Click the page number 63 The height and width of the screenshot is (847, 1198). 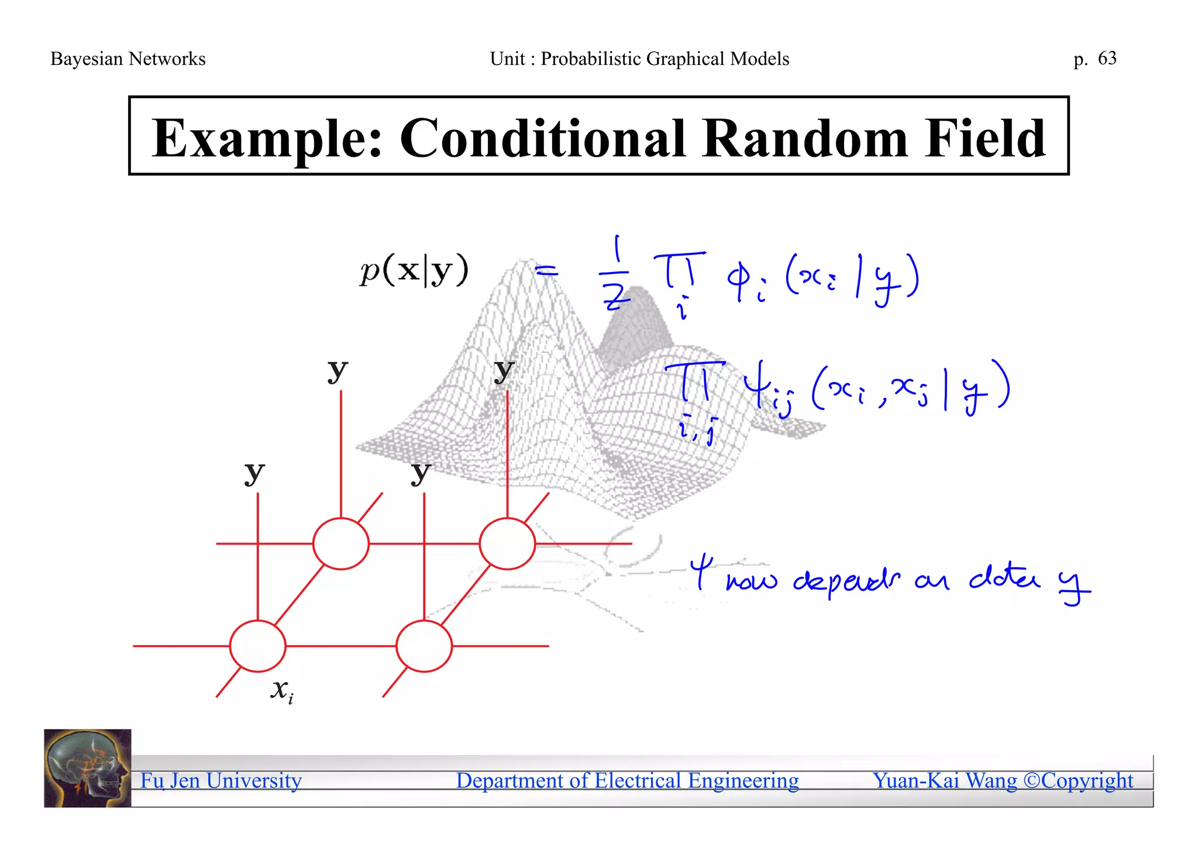pos(1107,58)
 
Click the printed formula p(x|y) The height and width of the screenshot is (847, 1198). pos(414,270)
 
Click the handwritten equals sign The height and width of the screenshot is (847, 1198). pos(547,271)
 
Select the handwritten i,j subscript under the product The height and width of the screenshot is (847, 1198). pos(698,431)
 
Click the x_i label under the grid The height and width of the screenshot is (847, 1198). pos(282,690)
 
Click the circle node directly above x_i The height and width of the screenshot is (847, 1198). pos(257,646)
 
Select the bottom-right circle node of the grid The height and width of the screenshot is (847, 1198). pos(424,646)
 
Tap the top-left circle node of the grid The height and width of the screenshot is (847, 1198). pos(340,543)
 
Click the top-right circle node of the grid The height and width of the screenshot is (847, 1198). pos(507,543)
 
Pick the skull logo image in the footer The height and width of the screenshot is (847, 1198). pos(88,768)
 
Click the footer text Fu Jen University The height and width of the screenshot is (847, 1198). pos(221,781)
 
